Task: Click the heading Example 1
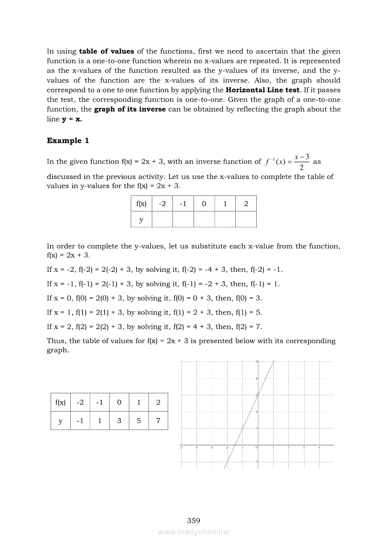(68, 141)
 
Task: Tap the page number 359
(193, 520)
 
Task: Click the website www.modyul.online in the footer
(193, 532)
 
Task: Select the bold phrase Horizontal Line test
(262, 90)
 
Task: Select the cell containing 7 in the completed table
(158, 421)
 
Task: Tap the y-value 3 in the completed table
(119, 421)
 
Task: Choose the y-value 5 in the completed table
(139, 421)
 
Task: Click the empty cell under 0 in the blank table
(204, 219)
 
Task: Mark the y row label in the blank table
(141, 219)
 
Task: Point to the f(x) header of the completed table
(60, 402)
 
